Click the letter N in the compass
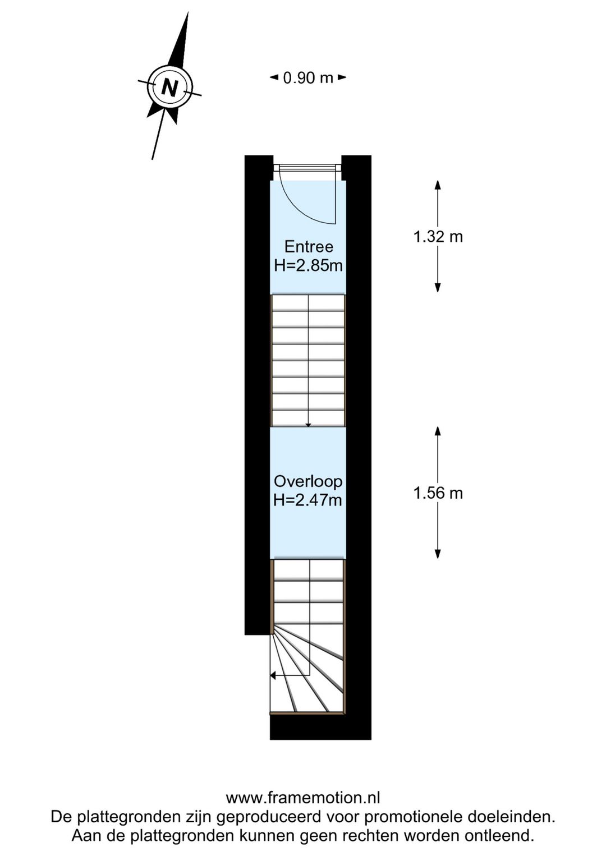pos(169,88)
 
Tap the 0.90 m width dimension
pos(308,78)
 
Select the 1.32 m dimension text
pos(438,237)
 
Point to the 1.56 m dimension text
pos(438,493)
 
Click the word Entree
pos(309,247)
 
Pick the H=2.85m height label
pos(308,265)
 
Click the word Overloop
pos(308,482)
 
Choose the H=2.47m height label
pos(308,500)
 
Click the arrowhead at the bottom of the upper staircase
pos(308,425)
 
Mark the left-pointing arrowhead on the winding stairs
pos(273,687)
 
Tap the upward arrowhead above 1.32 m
pos(438,185)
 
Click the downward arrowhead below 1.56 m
pos(438,554)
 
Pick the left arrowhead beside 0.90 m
pos(274,77)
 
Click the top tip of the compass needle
pos(187,12)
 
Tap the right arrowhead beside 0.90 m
pos(342,77)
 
